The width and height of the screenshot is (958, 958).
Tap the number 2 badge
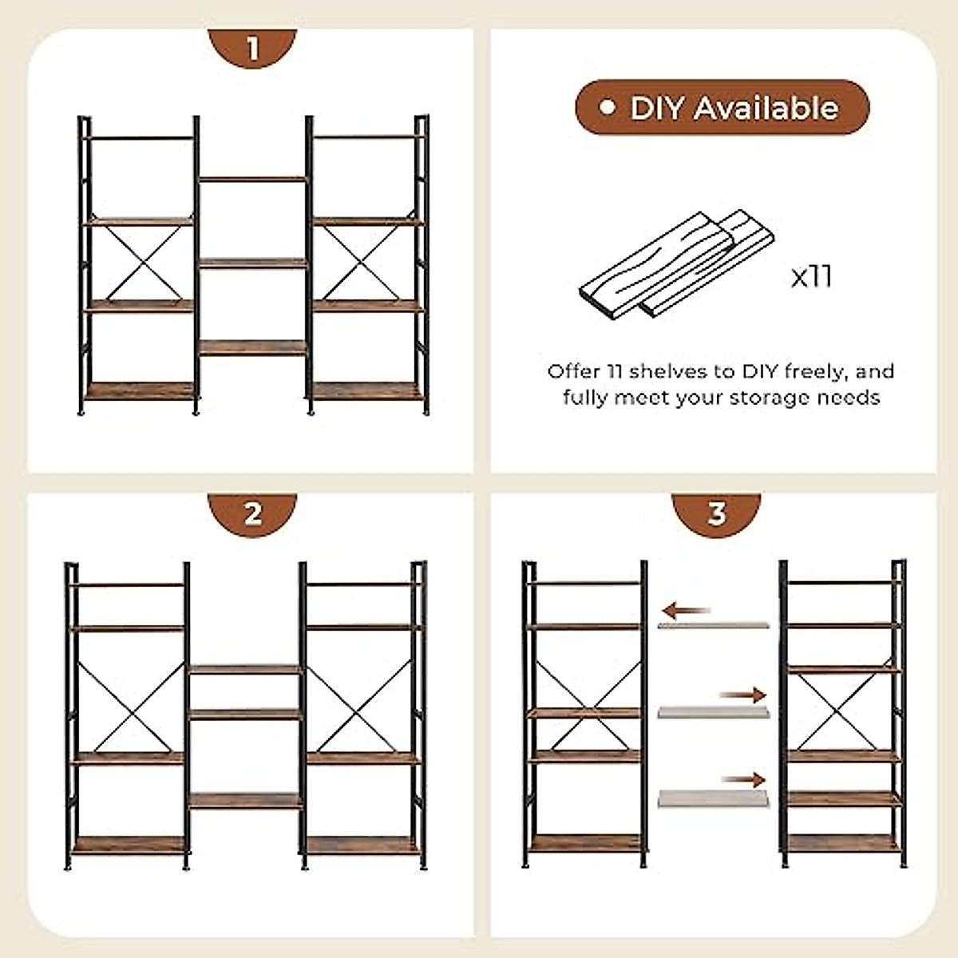(252, 513)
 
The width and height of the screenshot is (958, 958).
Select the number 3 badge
(716, 513)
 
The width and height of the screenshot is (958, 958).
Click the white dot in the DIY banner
(608, 107)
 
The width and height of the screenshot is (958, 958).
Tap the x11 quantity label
(811, 277)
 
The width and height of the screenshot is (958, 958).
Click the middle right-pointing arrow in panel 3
(742, 695)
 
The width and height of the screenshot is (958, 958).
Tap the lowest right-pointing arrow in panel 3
(742, 780)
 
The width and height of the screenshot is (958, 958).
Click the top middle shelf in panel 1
(252, 180)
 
